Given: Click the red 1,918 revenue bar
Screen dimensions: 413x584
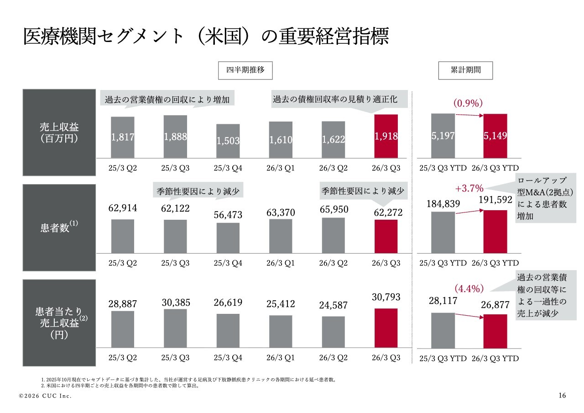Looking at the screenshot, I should point(386,136).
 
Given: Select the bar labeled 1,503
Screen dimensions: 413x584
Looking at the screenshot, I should point(228,141).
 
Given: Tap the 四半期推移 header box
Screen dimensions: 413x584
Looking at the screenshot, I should point(245,70).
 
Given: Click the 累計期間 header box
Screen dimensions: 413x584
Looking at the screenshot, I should point(465,70).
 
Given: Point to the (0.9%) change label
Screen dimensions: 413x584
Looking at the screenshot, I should point(468,103).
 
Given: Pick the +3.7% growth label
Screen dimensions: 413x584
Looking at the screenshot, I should point(469,188).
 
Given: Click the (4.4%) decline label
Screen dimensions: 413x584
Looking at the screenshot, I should point(469,288).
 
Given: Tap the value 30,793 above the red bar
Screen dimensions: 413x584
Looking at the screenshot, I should point(386,297).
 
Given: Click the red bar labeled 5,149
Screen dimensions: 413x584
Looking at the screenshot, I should point(495,136).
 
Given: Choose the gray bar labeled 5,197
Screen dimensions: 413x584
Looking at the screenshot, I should point(443,136).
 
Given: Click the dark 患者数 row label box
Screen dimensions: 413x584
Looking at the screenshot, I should point(59,227).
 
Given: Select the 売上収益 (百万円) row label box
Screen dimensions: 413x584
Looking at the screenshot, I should point(59,132).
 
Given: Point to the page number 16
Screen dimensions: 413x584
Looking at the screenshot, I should point(562,396).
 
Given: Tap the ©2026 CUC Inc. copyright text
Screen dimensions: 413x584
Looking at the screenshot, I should point(45,396).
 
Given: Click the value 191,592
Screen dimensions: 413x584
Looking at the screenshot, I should point(495,200).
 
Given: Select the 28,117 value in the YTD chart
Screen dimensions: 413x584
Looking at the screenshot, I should point(443,301).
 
